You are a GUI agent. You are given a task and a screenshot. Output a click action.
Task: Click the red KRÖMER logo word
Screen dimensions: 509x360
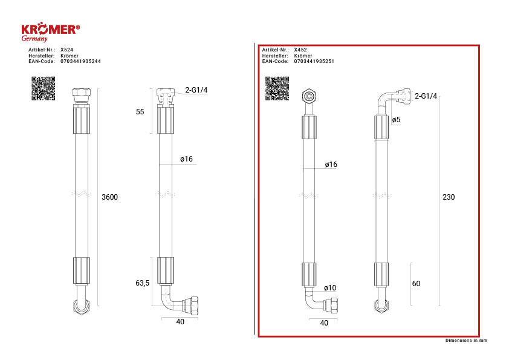[50, 29]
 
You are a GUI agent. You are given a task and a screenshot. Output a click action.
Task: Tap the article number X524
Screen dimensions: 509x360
[66, 50]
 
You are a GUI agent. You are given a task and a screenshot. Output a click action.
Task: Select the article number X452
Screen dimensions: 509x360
[300, 50]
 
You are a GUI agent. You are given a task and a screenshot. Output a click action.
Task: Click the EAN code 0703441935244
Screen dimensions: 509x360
[80, 61]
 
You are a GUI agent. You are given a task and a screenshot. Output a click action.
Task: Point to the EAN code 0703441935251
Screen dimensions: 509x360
[314, 61]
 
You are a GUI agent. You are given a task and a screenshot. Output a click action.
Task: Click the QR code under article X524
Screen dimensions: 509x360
[43, 88]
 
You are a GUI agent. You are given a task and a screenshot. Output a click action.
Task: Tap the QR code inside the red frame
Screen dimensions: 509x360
[277, 88]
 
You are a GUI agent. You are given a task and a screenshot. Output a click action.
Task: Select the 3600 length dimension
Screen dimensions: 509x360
[110, 197]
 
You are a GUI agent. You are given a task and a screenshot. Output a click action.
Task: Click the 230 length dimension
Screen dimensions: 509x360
[449, 197]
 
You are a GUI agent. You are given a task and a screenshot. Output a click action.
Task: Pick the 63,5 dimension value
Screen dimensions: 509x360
[142, 283]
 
